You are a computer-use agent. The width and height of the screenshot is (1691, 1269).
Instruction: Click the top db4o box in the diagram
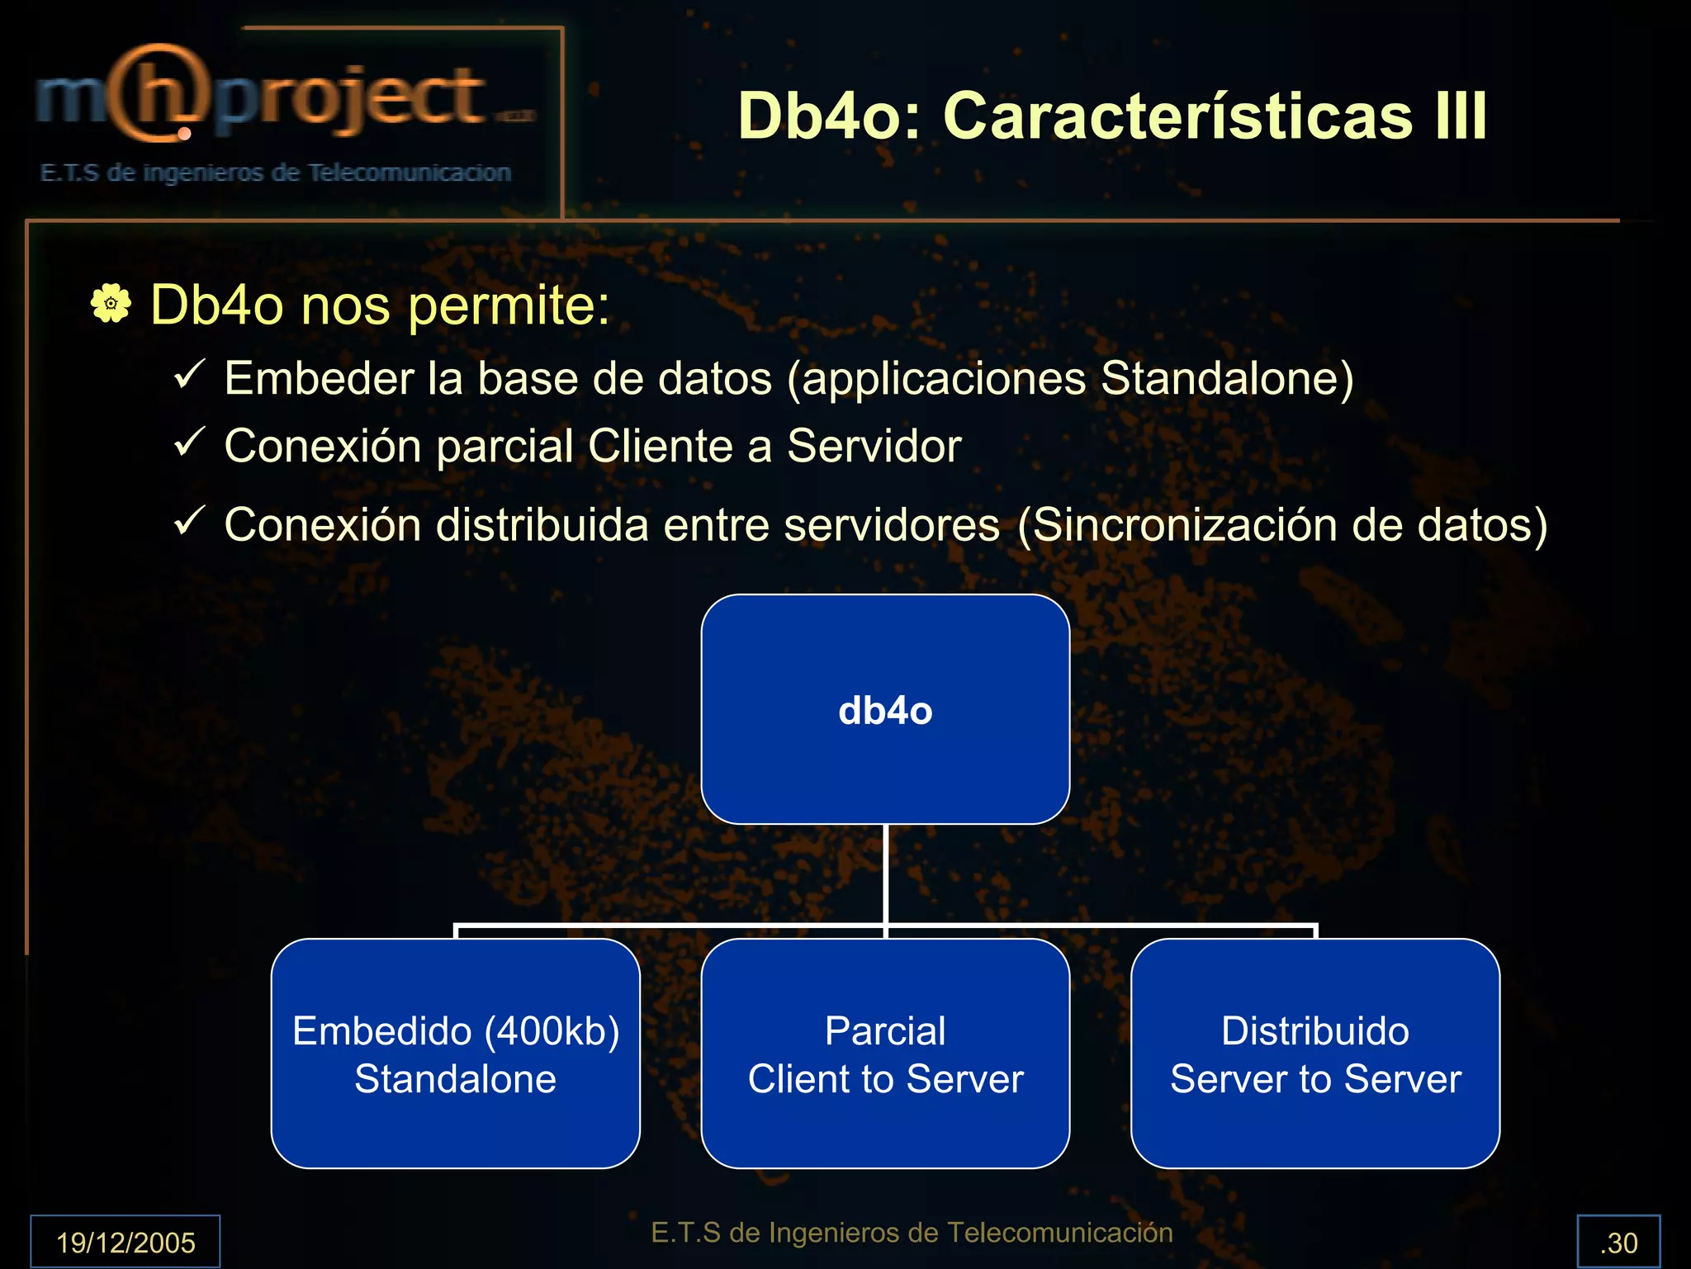885,709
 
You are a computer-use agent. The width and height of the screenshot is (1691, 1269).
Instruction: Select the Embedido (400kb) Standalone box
456,1054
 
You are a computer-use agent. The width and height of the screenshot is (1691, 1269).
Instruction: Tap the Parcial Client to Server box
885,1054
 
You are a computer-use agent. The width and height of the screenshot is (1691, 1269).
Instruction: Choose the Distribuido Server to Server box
1315,1054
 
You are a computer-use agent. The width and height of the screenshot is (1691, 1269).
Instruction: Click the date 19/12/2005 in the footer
126,1242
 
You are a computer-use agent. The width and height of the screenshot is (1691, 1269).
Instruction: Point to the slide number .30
1618,1242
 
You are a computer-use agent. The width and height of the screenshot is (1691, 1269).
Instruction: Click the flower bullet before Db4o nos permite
111,303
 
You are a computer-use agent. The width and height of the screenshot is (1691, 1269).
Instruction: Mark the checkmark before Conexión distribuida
189,521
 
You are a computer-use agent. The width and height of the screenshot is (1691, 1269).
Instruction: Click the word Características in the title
1177,116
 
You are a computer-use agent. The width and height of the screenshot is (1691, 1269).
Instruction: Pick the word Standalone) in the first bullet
1227,379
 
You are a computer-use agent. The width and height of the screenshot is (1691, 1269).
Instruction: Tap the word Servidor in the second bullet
874,447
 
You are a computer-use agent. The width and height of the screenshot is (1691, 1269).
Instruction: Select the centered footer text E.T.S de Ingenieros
912,1232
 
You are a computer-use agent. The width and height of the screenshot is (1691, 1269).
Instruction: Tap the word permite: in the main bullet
509,305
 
